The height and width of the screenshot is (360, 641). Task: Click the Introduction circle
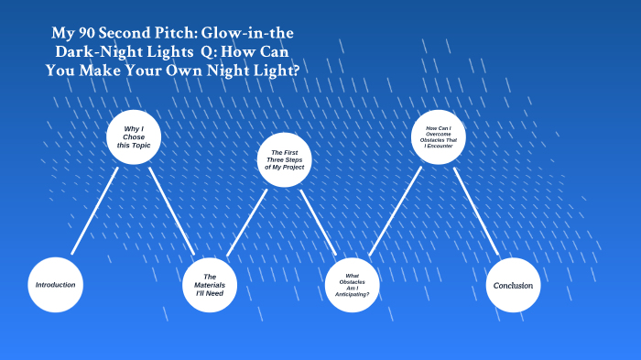click(56, 285)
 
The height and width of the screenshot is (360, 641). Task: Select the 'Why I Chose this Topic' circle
click(134, 137)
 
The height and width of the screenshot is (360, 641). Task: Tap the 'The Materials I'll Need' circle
click(210, 285)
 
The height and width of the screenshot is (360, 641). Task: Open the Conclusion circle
click(513, 285)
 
